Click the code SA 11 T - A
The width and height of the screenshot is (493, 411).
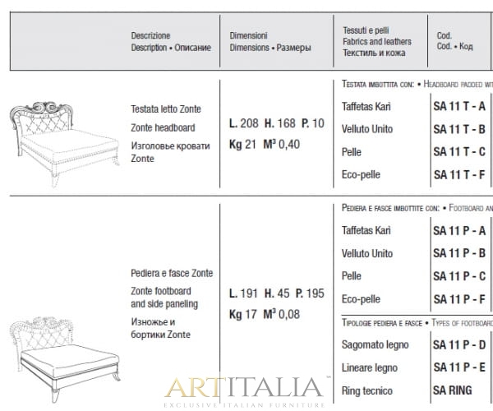(x=458, y=107)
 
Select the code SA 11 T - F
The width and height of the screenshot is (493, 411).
(x=458, y=174)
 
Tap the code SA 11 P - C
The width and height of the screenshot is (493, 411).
(x=458, y=276)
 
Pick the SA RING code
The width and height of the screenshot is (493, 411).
(x=453, y=390)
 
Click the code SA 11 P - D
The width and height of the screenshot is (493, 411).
(x=458, y=345)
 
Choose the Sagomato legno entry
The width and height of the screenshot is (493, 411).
(x=375, y=345)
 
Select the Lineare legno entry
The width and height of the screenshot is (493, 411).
(x=369, y=368)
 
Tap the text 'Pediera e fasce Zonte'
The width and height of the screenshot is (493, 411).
(x=172, y=273)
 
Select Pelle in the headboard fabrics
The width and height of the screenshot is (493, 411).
(x=352, y=152)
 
